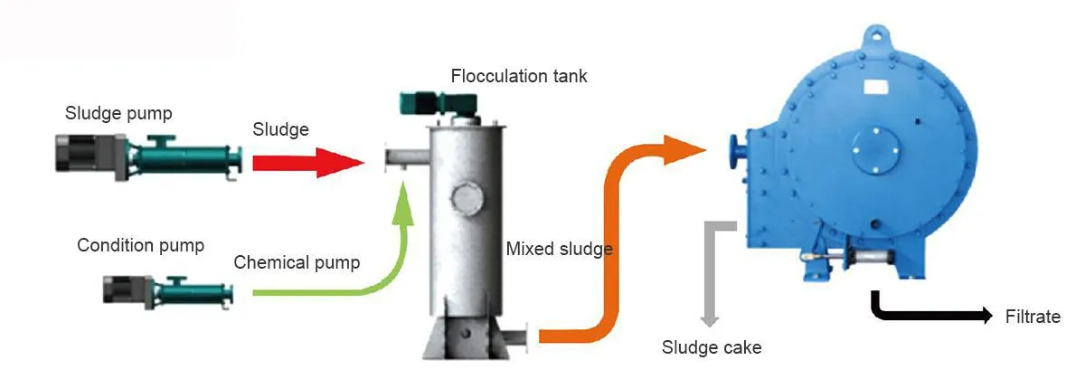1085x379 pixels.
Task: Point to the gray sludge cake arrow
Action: tap(712, 271)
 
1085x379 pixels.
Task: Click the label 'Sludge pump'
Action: tap(118, 113)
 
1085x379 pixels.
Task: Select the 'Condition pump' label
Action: tap(140, 245)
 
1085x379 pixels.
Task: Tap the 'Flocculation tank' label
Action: tap(519, 76)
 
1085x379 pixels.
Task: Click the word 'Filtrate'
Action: tap(1032, 317)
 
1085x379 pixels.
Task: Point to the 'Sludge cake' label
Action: tap(712, 346)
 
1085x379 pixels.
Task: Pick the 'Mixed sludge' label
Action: tap(560, 249)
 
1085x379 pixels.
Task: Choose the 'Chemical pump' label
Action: tap(297, 263)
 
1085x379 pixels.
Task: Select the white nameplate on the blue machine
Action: tap(878, 87)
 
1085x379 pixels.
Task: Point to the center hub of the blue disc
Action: tap(873, 143)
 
